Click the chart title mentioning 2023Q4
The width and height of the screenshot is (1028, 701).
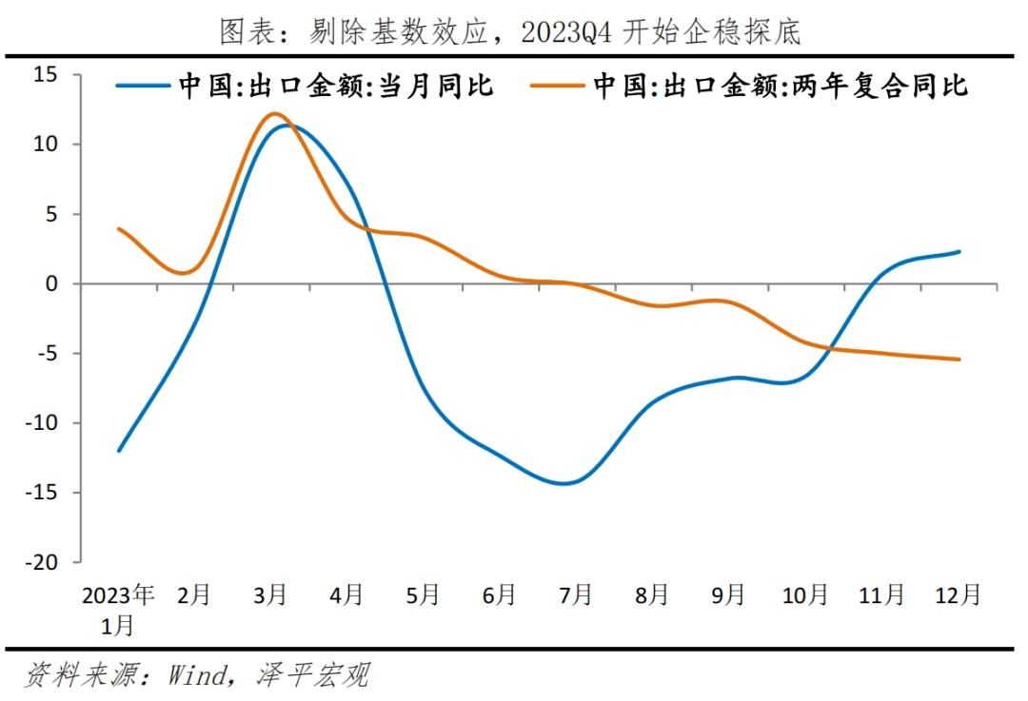[x=511, y=30]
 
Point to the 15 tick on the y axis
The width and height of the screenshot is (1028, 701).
[x=46, y=75]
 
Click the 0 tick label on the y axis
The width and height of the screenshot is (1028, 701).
[x=52, y=283]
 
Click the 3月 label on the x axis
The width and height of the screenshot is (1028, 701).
[x=271, y=595]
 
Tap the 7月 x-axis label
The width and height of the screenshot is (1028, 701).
[x=576, y=595]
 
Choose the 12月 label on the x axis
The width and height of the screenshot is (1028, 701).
[x=958, y=595]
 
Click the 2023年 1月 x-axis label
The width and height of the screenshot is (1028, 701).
[x=118, y=609]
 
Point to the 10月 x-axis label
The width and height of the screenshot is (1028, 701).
[x=805, y=595]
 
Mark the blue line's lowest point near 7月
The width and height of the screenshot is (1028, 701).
[x=564, y=483]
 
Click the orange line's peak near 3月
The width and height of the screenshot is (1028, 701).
[x=273, y=113]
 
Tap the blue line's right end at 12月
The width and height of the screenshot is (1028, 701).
[x=959, y=252]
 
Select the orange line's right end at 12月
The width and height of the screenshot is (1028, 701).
[x=959, y=360]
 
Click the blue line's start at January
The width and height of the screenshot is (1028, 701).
[x=118, y=451]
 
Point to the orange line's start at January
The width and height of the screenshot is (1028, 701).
[x=118, y=229]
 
